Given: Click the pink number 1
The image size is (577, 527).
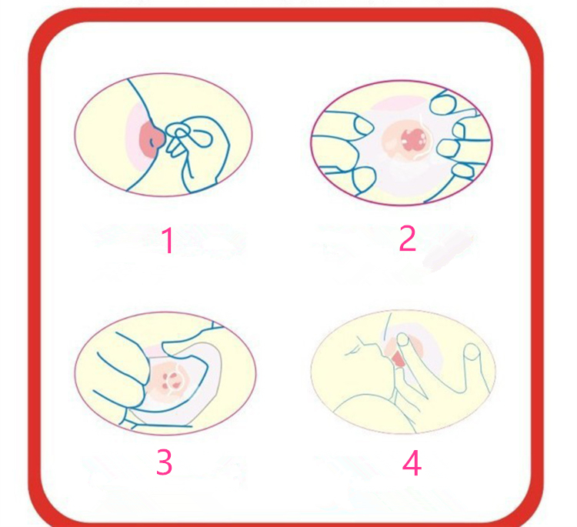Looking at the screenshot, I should [168, 241].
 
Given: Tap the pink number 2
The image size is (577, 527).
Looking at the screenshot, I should [407, 239].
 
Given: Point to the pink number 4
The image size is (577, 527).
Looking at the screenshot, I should [412, 463].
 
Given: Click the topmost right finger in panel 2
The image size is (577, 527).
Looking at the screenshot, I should [454, 100].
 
